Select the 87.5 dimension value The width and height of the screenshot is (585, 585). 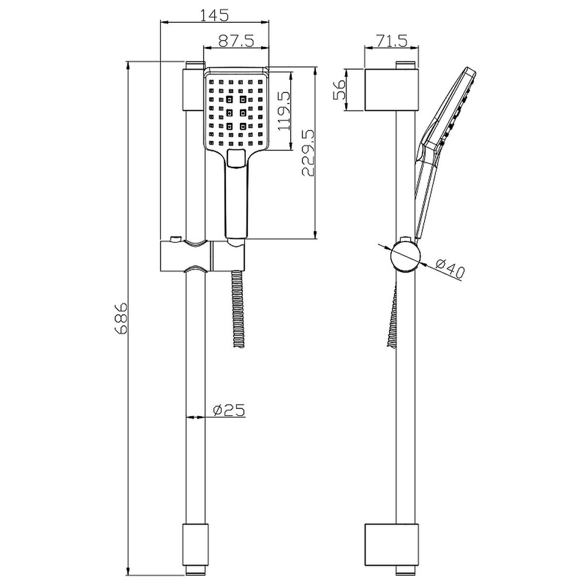coord(236,40)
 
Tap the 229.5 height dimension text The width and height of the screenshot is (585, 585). coord(308,153)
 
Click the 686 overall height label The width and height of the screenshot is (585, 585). coord(121,318)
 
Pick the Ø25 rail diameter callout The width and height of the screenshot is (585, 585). coord(225,411)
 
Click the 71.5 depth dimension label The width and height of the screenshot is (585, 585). coord(391,40)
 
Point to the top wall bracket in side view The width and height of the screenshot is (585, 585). coord(391,90)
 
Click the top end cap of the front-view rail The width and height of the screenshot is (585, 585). coord(195,88)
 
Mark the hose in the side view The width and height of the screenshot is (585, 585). coord(393,316)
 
